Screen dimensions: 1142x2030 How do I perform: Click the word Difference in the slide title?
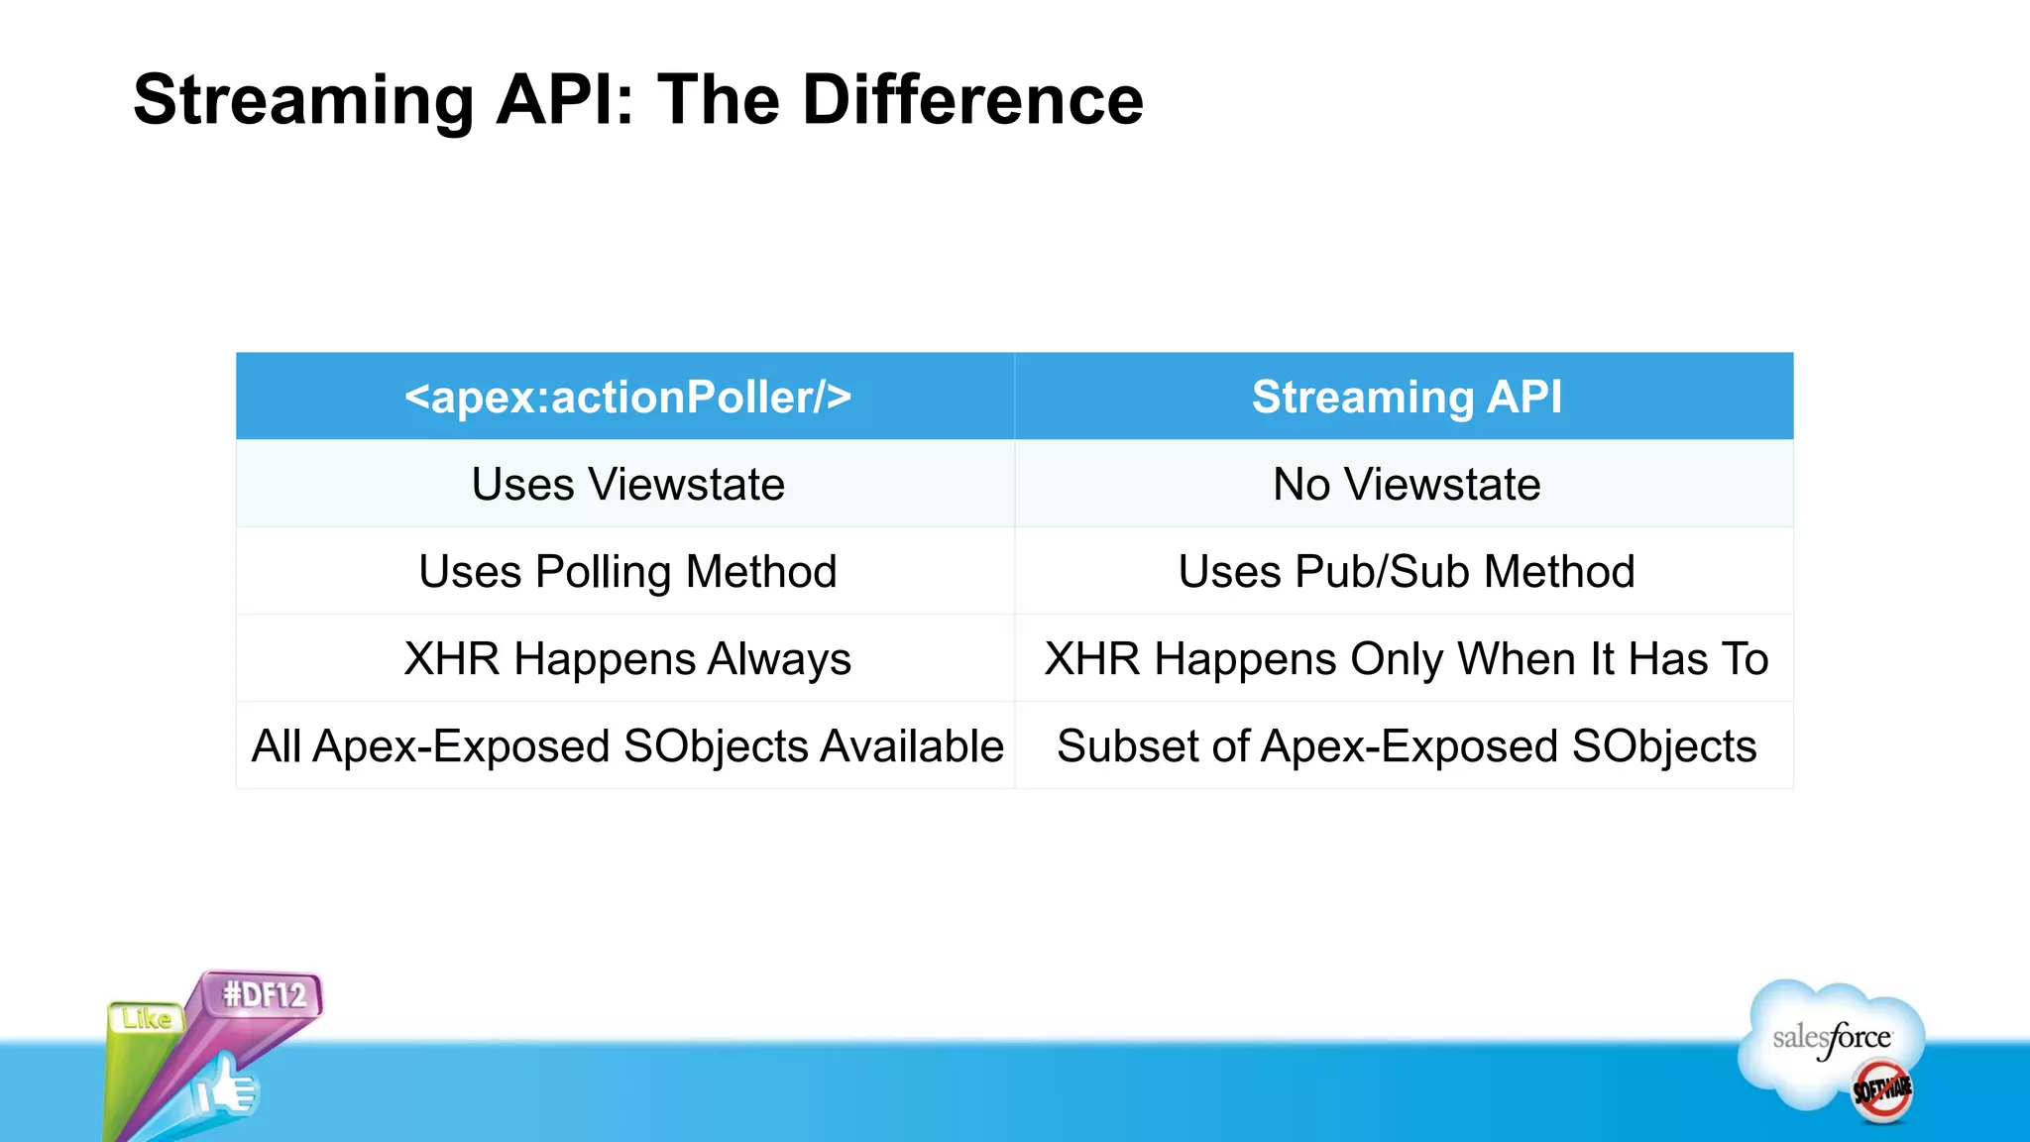tap(972, 101)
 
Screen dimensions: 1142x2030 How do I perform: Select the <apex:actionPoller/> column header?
tap(626, 398)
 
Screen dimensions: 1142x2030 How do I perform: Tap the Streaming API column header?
tap(1406, 398)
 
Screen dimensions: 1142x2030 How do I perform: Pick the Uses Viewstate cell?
tap(626, 485)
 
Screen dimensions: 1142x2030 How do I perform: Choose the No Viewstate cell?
tap(1406, 485)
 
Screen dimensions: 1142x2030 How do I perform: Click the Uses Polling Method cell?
tap(626, 572)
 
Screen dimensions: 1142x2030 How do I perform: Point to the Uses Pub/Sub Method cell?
tap(1406, 572)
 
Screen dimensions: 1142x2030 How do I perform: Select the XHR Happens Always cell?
tap(626, 659)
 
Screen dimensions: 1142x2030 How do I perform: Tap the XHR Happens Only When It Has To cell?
tap(1406, 659)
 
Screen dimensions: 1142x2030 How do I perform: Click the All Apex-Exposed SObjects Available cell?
tap(626, 746)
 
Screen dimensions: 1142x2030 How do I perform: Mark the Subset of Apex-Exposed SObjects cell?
tap(1406, 746)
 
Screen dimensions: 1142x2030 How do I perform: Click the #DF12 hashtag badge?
tap(265, 994)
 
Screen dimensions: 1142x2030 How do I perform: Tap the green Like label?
tap(147, 1018)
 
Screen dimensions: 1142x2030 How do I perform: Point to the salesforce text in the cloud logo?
tap(1831, 1038)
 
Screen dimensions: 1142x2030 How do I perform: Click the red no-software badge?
tap(1881, 1090)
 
